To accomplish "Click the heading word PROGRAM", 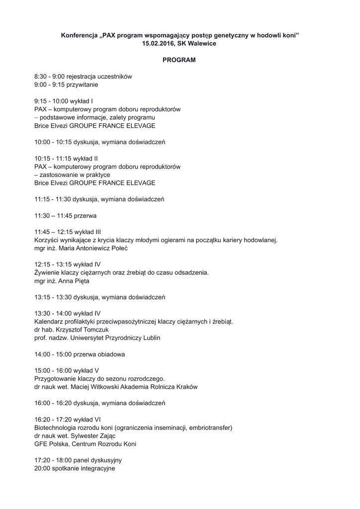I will [180, 60].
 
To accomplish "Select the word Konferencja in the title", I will [80, 35].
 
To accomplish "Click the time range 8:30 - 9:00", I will [50, 77].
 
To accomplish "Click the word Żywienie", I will [48, 272].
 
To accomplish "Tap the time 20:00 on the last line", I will [42, 468].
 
